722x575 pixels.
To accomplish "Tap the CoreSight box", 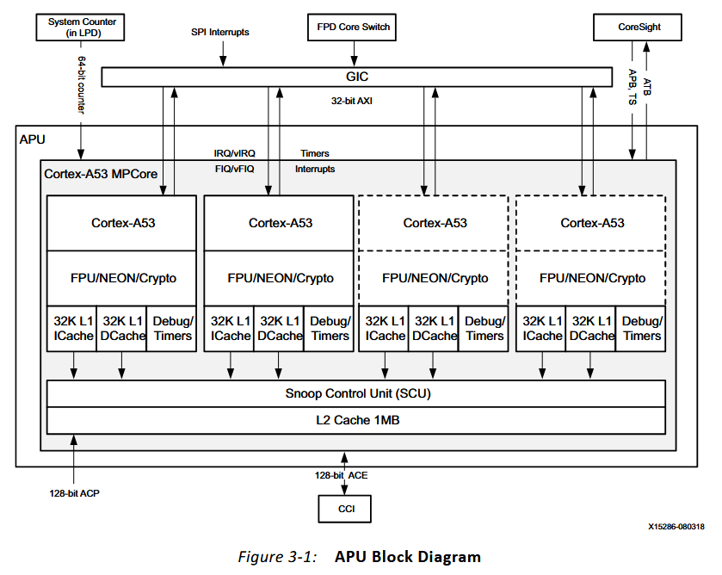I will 639,27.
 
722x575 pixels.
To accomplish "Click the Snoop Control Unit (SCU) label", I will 357,394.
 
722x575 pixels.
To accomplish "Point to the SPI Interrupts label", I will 220,32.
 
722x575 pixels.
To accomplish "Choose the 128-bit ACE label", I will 342,475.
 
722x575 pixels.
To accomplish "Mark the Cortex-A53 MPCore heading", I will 101,174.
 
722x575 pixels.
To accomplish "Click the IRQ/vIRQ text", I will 234,153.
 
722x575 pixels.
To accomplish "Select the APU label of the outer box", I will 33,138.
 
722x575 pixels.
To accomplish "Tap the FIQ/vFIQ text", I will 234,169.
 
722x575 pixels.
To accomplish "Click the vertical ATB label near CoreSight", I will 646,82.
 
